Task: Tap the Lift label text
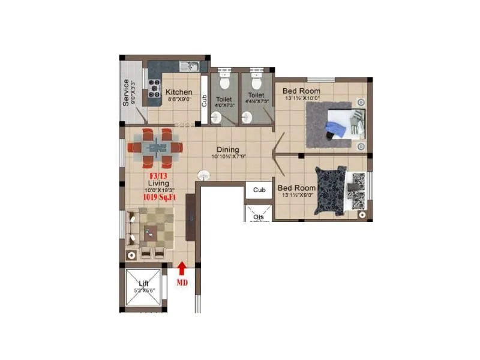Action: (x=143, y=283)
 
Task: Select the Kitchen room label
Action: (x=179, y=92)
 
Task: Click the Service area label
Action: (x=126, y=93)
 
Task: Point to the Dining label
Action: (x=228, y=150)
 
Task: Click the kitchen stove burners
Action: (x=155, y=88)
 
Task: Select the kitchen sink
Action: (x=188, y=66)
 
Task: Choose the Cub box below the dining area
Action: (x=259, y=190)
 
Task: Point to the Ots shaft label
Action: (x=259, y=217)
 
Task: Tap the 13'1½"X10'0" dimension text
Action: (x=302, y=98)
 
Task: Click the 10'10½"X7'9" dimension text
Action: (x=229, y=157)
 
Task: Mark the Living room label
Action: (x=159, y=182)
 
